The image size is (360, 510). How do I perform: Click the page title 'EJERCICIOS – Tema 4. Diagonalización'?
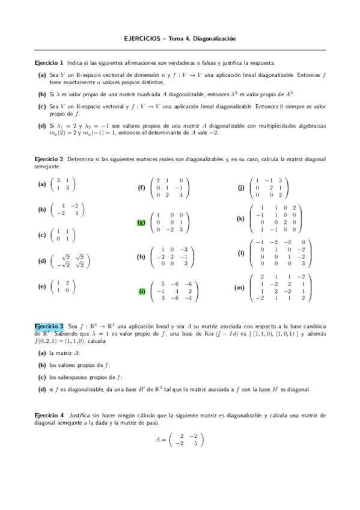click(180, 38)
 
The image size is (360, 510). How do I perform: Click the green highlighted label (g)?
click(141, 222)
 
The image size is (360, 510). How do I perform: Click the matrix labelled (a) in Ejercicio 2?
click(63, 184)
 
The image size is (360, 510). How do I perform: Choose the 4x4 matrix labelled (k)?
click(276, 219)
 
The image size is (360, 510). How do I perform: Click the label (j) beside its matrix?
click(241, 188)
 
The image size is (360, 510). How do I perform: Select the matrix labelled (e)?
click(63, 286)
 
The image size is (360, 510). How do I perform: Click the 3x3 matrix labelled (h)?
click(172, 256)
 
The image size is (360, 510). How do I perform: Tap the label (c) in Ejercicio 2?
click(41, 235)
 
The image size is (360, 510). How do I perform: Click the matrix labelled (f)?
click(172, 188)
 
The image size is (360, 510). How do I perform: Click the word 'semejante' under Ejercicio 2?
click(47, 167)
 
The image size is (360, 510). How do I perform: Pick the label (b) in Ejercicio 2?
click(41, 209)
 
